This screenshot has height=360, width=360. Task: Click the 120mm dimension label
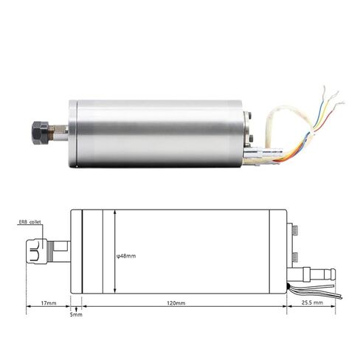(x=175, y=302)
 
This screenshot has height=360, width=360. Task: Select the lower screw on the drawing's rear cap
(x=293, y=257)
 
